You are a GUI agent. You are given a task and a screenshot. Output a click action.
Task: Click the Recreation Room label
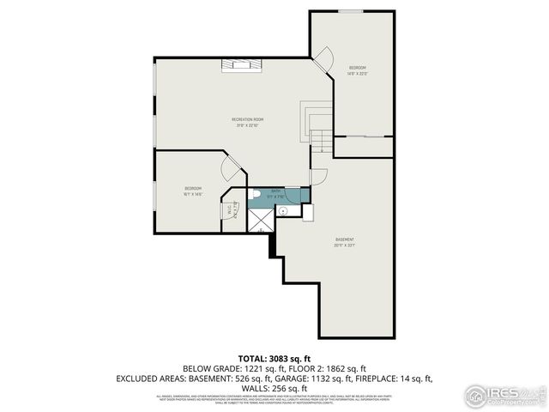pos(247,121)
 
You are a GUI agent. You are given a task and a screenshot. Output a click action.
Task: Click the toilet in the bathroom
pos(256,195)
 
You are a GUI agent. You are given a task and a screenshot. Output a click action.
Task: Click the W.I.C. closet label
pos(230,210)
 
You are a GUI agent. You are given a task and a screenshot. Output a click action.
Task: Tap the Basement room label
pos(345,241)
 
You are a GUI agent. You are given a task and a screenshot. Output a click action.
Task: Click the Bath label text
pos(276,192)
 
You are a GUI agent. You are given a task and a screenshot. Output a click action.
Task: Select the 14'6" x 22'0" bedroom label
pos(357,70)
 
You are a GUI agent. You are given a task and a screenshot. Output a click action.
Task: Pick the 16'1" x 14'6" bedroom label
pos(192,191)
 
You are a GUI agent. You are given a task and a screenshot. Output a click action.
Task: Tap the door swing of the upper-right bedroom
pos(323,61)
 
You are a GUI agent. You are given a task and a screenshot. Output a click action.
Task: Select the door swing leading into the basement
pos(318,177)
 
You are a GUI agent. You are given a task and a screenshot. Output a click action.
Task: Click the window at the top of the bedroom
pos(350,11)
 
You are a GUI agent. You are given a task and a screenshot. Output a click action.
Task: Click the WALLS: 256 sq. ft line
pos(274,388)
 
